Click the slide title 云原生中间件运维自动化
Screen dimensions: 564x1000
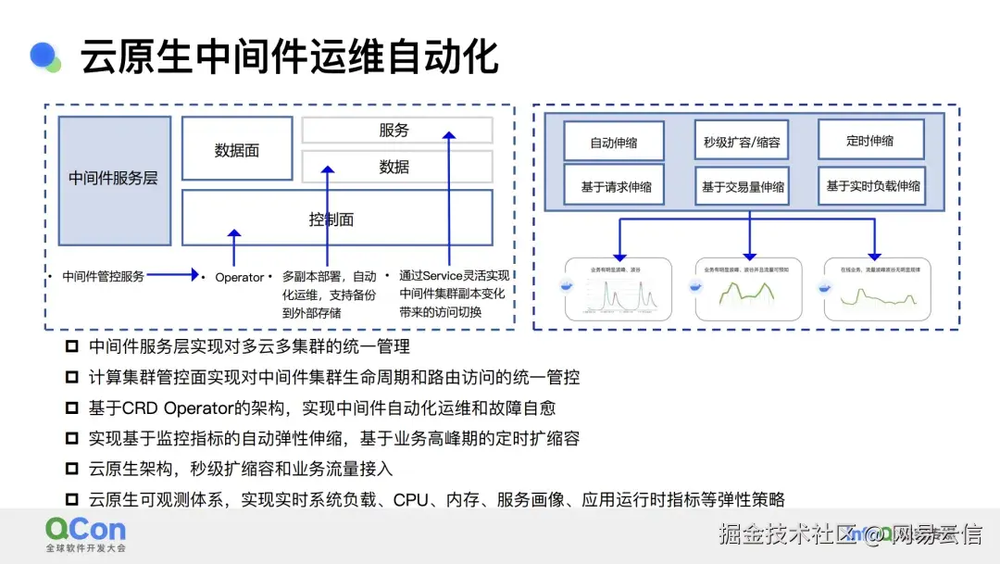point(289,57)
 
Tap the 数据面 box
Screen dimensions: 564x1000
point(237,148)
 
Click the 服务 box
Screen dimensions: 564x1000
point(396,131)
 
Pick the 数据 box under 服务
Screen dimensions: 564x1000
point(396,167)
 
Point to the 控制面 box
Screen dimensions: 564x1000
point(331,219)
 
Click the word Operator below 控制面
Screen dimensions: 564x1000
point(239,277)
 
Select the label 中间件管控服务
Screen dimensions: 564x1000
point(103,276)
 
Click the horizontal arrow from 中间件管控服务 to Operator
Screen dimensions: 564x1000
point(172,275)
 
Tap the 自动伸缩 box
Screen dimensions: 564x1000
point(614,144)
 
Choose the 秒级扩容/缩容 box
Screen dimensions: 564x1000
point(741,144)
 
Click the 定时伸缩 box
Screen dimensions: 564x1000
point(870,141)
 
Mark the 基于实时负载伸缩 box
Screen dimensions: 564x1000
point(872,185)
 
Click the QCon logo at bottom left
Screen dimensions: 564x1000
point(85,533)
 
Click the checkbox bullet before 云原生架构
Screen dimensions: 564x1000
point(72,469)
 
